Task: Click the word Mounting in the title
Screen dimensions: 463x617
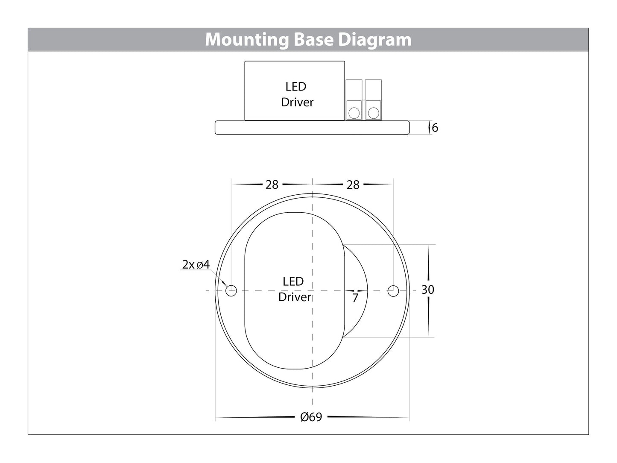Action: point(247,40)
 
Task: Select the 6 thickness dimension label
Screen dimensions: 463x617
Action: point(435,128)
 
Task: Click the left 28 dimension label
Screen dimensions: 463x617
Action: point(272,185)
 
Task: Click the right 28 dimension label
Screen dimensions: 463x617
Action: point(353,185)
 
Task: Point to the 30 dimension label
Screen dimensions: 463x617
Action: point(427,290)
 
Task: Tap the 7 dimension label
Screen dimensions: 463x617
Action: point(355,298)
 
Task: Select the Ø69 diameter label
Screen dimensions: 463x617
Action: point(311,417)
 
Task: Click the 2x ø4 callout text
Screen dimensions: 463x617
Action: point(196,265)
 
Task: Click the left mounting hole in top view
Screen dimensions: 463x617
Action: point(231,291)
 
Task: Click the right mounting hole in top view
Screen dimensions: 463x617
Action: point(393,291)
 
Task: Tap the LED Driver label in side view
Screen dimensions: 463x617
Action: point(297,94)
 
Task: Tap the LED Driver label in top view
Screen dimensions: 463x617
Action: point(294,289)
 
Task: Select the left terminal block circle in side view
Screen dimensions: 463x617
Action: point(354,113)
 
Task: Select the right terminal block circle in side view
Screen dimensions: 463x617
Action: point(374,113)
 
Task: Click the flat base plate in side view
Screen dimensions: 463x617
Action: point(312,128)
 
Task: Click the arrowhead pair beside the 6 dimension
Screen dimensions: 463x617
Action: point(429,128)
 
